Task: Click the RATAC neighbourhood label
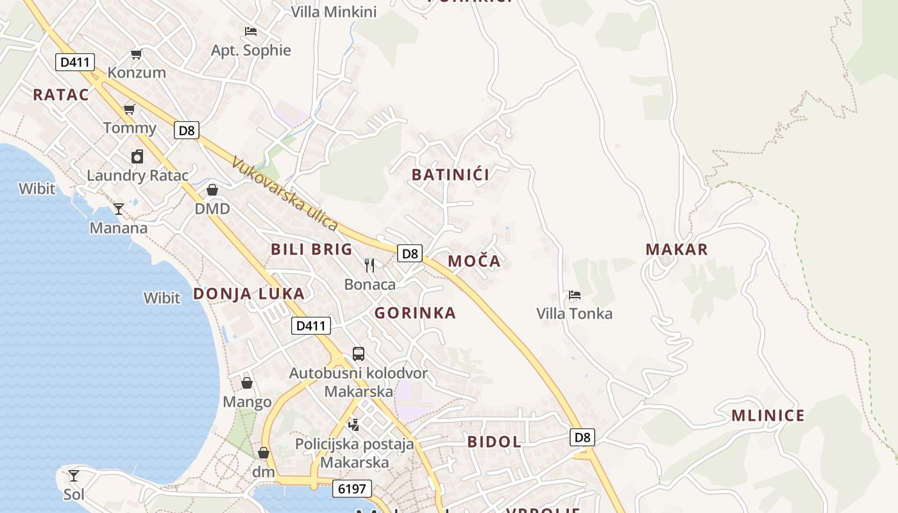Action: click(x=61, y=95)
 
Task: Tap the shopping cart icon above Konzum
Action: click(x=136, y=54)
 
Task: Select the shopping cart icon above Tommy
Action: click(x=130, y=109)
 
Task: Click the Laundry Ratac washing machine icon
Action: click(x=137, y=156)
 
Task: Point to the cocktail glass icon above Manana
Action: click(x=119, y=209)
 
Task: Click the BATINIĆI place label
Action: click(x=450, y=174)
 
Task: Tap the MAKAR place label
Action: click(x=677, y=249)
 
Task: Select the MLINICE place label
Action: click(x=768, y=416)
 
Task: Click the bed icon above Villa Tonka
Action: click(x=575, y=295)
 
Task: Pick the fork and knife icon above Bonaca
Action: click(x=369, y=265)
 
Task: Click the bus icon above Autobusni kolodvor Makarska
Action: click(x=359, y=354)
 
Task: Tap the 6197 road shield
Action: click(x=352, y=489)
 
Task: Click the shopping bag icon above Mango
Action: click(x=247, y=383)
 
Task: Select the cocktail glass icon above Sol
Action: click(x=74, y=476)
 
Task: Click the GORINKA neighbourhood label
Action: click(x=415, y=313)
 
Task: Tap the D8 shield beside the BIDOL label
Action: click(x=582, y=438)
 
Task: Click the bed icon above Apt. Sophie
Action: click(x=251, y=31)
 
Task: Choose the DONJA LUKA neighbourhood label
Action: click(x=249, y=294)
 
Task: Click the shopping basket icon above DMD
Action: click(x=212, y=190)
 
